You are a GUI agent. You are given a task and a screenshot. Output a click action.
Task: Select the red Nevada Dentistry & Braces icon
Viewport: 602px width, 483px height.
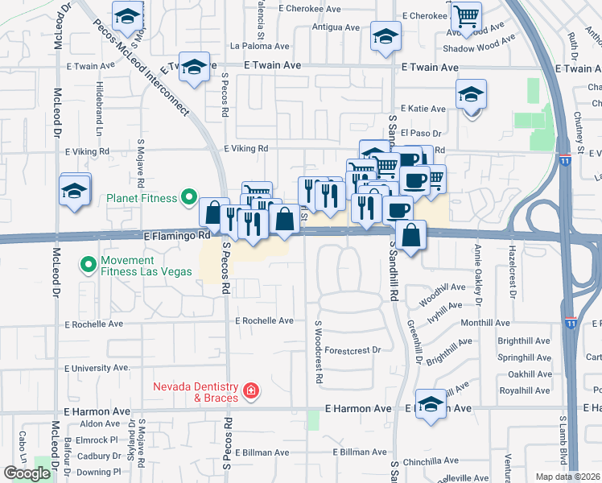click(x=251, y=391)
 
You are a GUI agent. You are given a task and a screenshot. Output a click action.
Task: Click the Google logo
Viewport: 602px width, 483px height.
click(x=27, y=473)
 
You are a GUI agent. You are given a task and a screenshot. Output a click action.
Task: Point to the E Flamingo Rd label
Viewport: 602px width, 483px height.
click(x=176, y=237)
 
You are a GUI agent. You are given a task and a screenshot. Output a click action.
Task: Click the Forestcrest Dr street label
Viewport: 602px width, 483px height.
click(x=353, y=350)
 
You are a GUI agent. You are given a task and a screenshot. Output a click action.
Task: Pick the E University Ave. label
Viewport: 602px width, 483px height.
click(x=97, y=368)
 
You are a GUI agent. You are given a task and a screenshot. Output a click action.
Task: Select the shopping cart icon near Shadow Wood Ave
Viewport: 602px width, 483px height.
click(x=466, y=16)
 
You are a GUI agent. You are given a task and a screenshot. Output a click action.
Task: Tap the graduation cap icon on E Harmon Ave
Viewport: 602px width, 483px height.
click(x=431, y=403)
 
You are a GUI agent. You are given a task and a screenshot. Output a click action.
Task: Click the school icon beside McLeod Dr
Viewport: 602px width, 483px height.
click(x=75, y=191)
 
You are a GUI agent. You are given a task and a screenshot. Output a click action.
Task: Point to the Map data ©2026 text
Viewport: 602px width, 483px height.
click(x=567, y=477)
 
